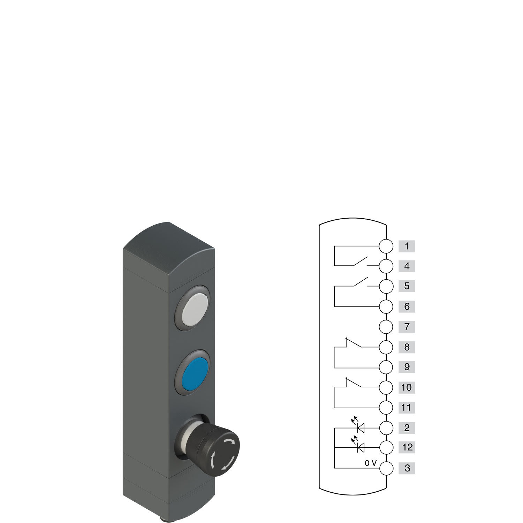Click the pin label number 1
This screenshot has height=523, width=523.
tap(407, 246)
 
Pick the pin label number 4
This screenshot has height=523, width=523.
tap(407, 266)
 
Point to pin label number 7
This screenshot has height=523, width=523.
tap(407, 327)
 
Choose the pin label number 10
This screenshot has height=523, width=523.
tap(407, 387)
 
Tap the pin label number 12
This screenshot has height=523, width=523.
tap(407, 447)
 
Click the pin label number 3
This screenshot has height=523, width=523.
tap(407, 468)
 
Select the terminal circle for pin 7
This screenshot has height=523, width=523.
tap(386, 327)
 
